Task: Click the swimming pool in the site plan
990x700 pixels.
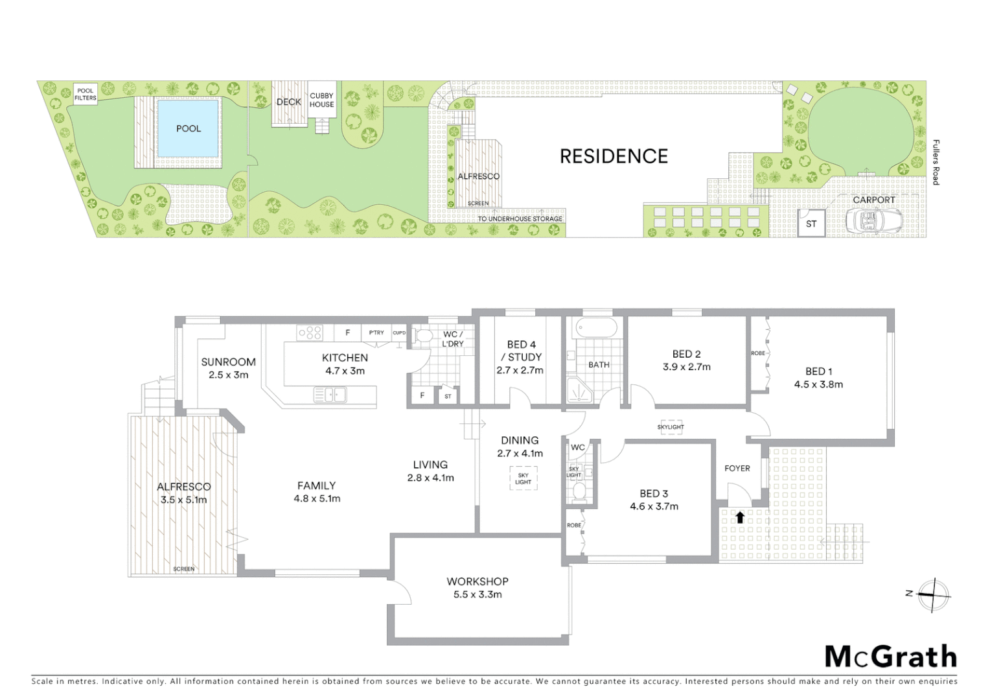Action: point(189,128)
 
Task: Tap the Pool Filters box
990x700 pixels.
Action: point(86,95)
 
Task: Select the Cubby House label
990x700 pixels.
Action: point(321,100)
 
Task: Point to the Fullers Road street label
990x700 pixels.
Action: point(935,163)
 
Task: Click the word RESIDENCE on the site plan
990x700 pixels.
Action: point(614,156)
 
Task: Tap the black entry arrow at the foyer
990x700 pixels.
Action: point(739,517)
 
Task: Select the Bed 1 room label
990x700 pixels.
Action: point(818,371)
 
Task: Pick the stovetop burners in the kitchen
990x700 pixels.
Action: point(310,333)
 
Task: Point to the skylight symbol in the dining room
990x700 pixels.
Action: point(523,478)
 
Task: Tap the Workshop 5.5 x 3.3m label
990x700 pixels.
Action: point(478,588)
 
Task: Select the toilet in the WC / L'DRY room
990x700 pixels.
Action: point(424,336)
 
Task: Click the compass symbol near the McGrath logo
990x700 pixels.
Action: point(932,595)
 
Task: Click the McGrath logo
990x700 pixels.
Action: point(891,657)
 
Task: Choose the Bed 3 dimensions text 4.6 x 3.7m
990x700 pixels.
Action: point(654,506)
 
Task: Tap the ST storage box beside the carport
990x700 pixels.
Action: point(811,224)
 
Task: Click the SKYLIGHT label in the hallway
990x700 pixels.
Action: point(671,427)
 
